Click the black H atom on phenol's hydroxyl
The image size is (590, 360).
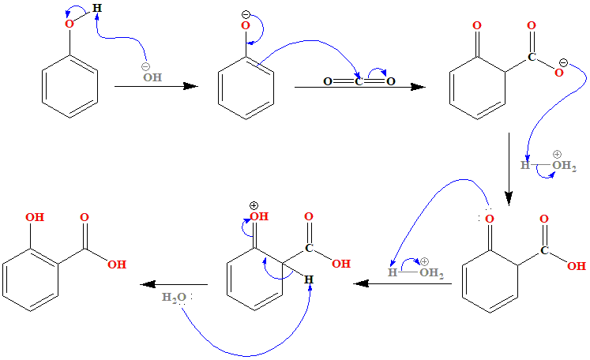click(x=96, y=9)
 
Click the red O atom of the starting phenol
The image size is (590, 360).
click(x=69, y=25)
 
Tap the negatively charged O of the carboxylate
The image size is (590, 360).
click(x=558, y=73)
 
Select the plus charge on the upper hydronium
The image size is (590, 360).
click(x=556, y=155)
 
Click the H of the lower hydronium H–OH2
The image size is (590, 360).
click(x=392, y=273)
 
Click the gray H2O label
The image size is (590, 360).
click(x=172, y=297)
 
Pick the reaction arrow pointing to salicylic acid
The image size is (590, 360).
click(x=174, y=283)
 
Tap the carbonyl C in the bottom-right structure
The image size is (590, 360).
click(x=545, y=251)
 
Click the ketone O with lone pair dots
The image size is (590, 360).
click(x=490, y=219)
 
